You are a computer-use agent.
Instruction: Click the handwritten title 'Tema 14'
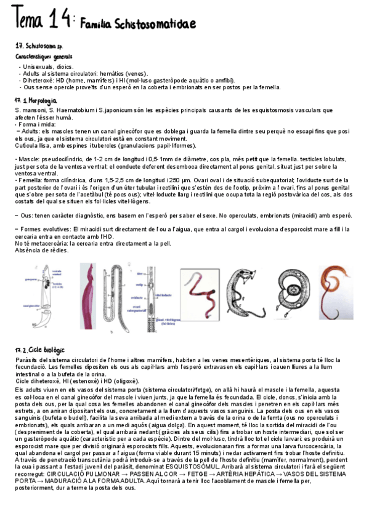click(41, 20)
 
